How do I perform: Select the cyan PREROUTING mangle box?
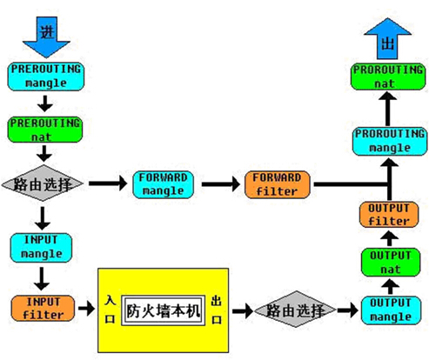(x=46, y=77)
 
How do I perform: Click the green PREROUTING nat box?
(x=45, y=130)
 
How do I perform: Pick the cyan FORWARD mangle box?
(x=163, y=184)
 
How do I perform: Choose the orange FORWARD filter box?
(x=278, y=184)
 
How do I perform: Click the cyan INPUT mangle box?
(x=41, y=247)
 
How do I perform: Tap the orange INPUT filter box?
(x=43, y=308)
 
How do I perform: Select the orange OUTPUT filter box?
(x=389, y=215)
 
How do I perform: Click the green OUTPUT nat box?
(x=391, y=263)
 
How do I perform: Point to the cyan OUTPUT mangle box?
(x=391, y=310)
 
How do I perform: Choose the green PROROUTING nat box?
(x=388, y=77)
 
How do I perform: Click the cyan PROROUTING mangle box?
(x=390, y=141)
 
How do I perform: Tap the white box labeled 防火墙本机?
(x=164, y=310)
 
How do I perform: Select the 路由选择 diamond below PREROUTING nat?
(x=43, y=183)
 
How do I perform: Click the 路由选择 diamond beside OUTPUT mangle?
(x=295, y=310)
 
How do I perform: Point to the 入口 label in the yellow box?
(x=111, y=310)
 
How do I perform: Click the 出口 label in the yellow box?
(x=217, y=310)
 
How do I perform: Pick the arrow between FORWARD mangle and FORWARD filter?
(x=221, y=184)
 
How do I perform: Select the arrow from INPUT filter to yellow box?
(x=87, y=308)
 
